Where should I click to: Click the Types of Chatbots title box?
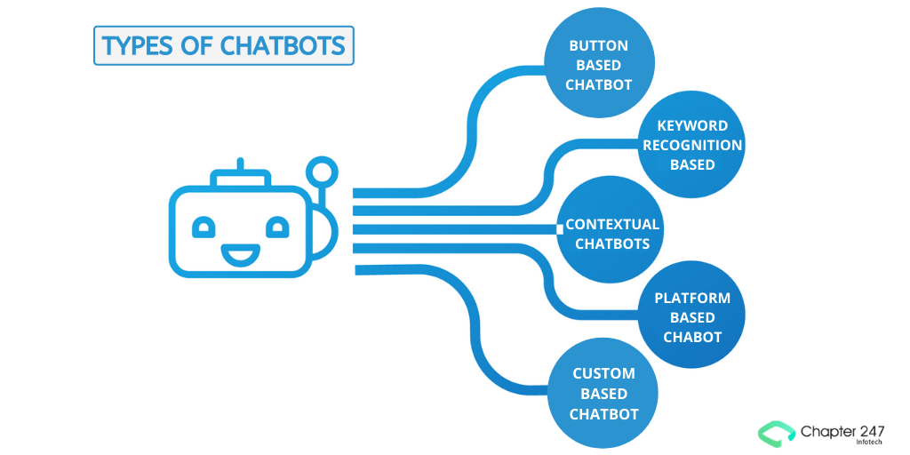(x=224, y=45)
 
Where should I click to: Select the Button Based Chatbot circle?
(x=598, y=65)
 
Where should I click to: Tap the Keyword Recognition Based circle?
(x=691, y=145)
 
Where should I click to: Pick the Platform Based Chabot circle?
(x=691, y=317)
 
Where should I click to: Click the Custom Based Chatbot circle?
(x=603, y=394)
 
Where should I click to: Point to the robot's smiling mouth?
(x=237, y=256)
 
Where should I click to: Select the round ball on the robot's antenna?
(x=320, y=171)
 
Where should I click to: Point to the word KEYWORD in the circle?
(x=692, y=125)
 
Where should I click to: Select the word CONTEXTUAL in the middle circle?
(x=612, y=224)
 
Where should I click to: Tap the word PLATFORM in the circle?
(x=692, y=298)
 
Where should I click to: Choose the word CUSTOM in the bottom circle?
(x=603, y=374)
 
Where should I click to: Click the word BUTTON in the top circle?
(x=598, y=45)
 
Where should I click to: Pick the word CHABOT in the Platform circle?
(x=692, y=337)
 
